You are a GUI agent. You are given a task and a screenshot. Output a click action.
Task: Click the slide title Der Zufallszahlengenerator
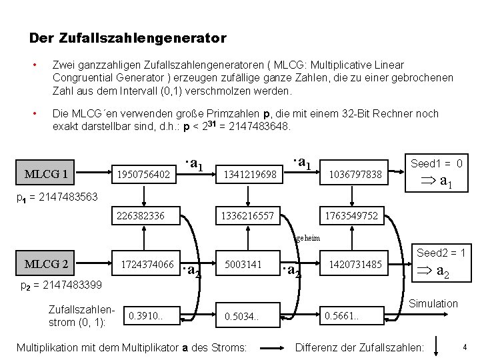(128, 39)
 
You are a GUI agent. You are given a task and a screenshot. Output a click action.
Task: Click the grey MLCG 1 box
(46, 174)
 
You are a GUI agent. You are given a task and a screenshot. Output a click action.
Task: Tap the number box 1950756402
(143, 174)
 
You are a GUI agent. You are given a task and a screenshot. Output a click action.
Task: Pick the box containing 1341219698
(250, 174)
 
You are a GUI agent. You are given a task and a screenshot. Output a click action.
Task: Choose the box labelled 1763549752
(351, 216)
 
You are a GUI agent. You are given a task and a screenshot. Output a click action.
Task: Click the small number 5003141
(243, 265)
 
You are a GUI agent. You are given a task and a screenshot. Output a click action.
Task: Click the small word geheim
(307, 238)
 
